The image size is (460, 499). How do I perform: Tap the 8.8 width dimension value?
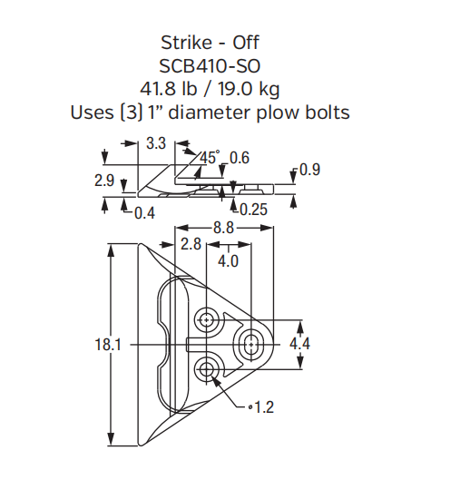click(223, 228)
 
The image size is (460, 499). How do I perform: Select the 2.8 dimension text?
click(191, 244)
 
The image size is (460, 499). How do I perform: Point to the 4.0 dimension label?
click(228, 260)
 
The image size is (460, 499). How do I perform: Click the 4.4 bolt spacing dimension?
click(300, 345)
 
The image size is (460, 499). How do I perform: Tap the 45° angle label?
click(210, 158)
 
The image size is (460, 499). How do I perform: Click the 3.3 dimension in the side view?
click(155, 142)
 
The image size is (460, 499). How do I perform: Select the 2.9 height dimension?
click(104, 181)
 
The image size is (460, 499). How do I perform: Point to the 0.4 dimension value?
click(143, 213)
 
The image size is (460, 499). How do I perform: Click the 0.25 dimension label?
click(254, 210)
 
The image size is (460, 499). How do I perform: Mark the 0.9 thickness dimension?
click(309, 171)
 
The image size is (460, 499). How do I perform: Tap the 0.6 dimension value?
click(240, 158)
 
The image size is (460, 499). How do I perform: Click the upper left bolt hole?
click(208, 318)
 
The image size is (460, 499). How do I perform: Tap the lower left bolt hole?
click(208, 368)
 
